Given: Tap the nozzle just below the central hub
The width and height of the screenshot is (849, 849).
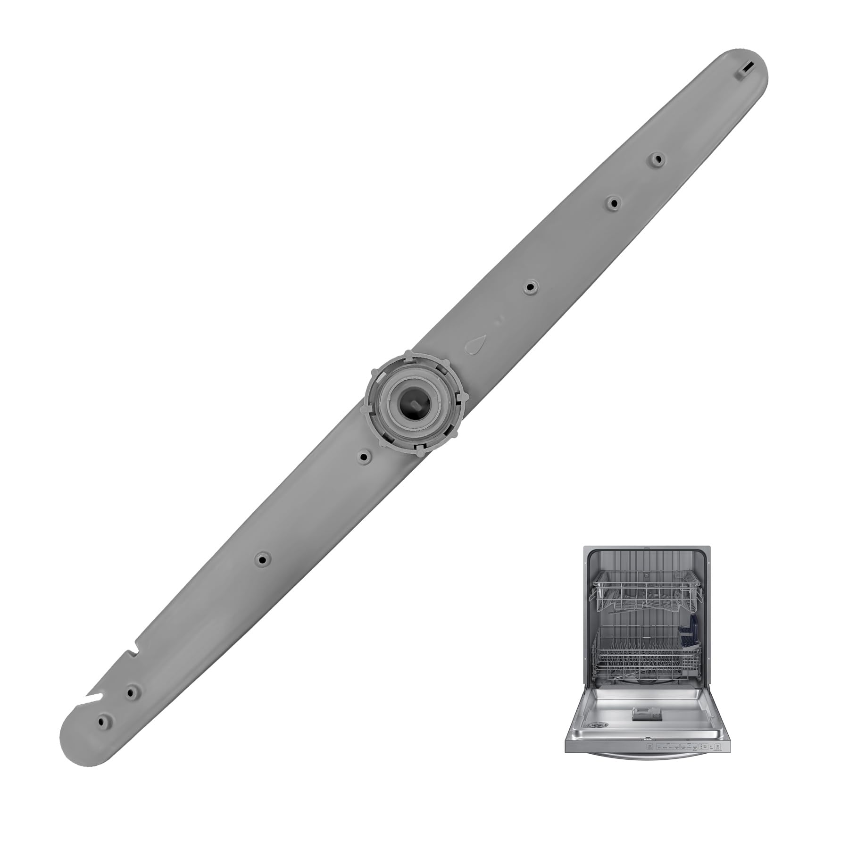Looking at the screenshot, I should click(x=363, y=457).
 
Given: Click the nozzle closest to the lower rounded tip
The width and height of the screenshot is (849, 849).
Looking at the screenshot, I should click(x=102, y=722).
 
